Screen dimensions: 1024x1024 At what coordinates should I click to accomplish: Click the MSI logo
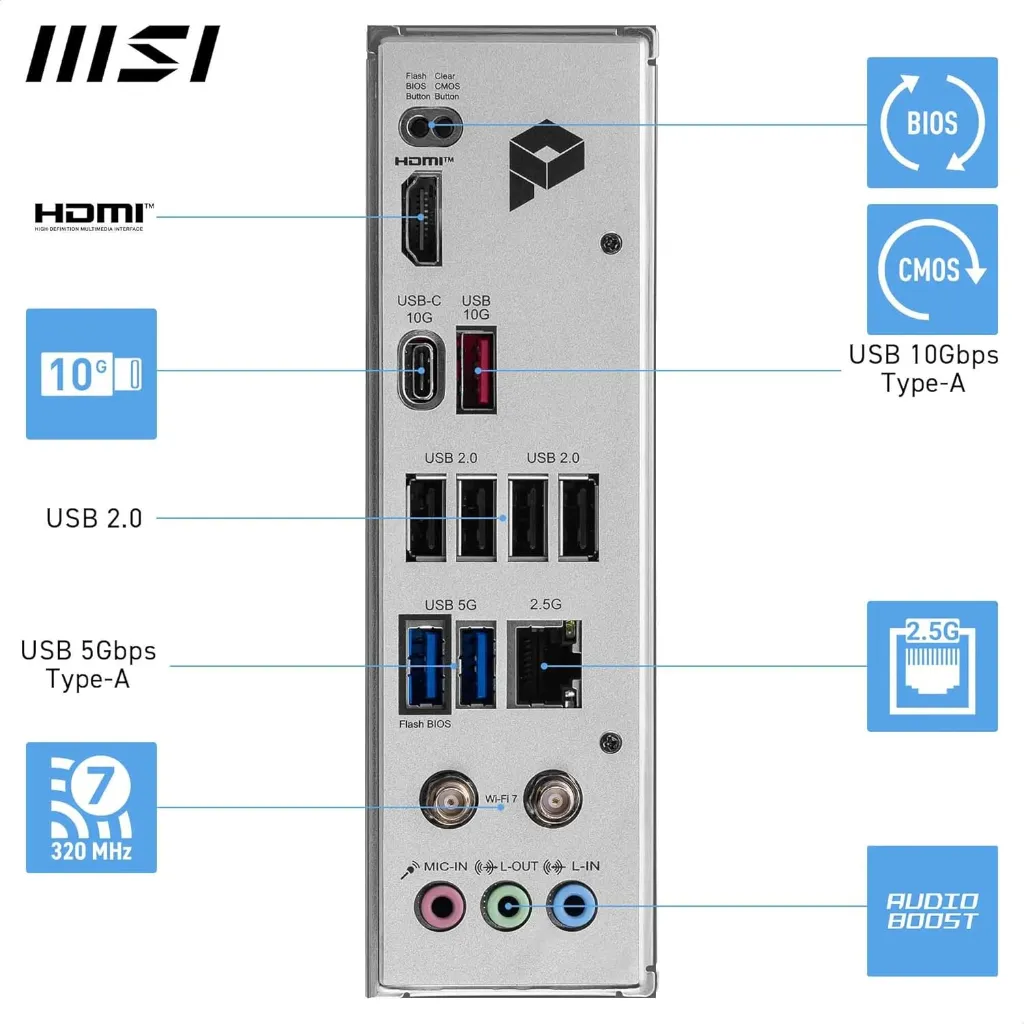[x=123, y=54]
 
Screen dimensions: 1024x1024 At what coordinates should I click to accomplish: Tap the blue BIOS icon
[x=932, y=122]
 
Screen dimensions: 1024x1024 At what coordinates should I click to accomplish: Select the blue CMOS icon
[x=932, y=269]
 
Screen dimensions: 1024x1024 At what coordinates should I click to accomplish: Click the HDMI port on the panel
[x=421, y=219]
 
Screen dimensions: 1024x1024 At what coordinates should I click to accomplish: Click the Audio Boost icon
[x=932, y=910]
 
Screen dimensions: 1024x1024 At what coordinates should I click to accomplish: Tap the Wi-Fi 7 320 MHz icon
[x=91, y=807]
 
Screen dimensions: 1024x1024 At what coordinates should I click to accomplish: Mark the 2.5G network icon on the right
[x=932, y=665]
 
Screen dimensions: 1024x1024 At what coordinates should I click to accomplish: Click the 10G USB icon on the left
[x=91, y=373]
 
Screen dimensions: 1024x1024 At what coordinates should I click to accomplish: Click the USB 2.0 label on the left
[x=94, y=518]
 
